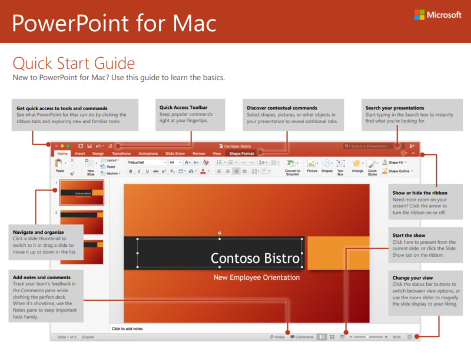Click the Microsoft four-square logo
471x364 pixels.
coord(419,15)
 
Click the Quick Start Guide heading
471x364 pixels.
coord(74,63)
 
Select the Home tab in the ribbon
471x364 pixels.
coord(62,153)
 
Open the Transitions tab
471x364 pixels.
coord(121,153)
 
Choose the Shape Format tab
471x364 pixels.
coord(241,153)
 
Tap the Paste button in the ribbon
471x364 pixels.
coord(59,166)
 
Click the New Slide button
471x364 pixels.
coord(91,167)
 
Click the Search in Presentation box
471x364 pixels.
coord(371,145)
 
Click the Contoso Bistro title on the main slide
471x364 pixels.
coord(255,258)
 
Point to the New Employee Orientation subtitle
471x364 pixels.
coord(256,277)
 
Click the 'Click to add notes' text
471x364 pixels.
coord(127,328)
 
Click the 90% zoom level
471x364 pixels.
coord(397,337)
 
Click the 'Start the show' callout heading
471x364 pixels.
coord(409,236)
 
